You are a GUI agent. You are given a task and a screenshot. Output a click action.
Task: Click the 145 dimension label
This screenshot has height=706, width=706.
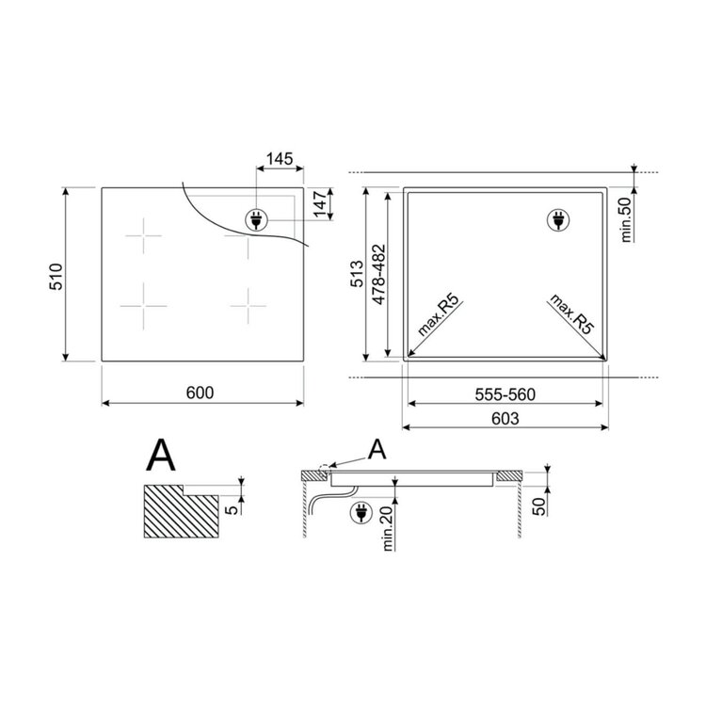point(280,158)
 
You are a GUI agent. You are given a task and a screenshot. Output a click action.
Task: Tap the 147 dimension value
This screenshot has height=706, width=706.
point(320,204)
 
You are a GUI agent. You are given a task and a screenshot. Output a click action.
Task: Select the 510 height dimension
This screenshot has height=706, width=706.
point(56,277)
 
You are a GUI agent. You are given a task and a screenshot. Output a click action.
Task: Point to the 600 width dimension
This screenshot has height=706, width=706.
point(200,393)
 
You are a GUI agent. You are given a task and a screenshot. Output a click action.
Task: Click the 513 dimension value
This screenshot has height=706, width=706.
point(357,273)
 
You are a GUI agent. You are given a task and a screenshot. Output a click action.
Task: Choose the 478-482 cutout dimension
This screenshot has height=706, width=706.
point(379,274)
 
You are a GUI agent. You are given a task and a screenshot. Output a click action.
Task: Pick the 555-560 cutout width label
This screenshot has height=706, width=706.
point(505,394)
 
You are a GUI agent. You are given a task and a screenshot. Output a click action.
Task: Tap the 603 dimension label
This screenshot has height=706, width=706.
point(505,418)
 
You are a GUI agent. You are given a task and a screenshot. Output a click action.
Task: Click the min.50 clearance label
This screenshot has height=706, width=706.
point(626,219)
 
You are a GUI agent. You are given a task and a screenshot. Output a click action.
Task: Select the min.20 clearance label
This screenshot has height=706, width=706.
point(388,527)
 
